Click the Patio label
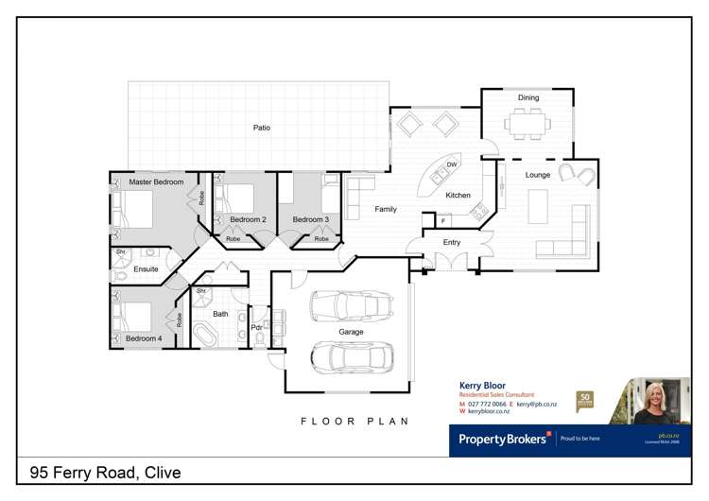(262, 128)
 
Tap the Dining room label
(527, 97)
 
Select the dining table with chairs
(527, 122)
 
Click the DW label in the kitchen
(452, 165)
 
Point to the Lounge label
(538, 175)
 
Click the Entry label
(452, 243)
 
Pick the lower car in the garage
(352, 356)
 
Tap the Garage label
(352, 333)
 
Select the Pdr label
(256, 327)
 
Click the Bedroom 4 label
(144, 338)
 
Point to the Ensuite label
(146, 269)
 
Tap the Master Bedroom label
(156, 181)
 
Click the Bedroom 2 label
(248, 219)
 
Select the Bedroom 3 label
(310, 219)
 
